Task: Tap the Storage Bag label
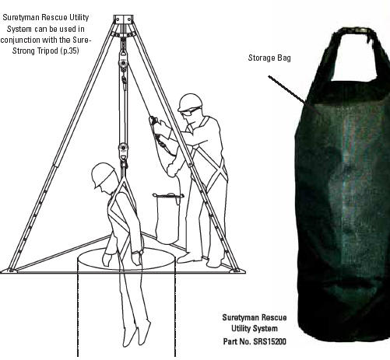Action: click(269, 58)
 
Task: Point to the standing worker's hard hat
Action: click(190, 102)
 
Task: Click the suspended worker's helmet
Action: click(104, 175)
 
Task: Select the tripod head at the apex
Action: click(123, 19)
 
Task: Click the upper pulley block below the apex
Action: click(124, 61)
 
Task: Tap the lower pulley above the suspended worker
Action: click(123, 150)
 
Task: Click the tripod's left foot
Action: click(9, 271)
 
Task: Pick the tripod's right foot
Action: click(237, 271)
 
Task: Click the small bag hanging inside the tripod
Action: click(167, 218)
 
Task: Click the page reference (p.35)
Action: click(69, 51)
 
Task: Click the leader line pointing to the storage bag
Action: click(287, 89)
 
